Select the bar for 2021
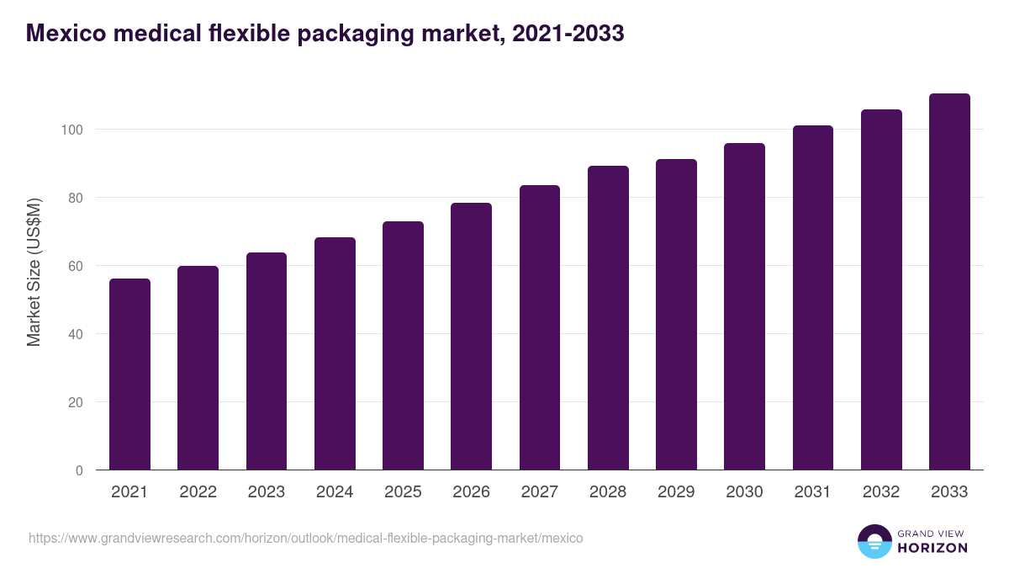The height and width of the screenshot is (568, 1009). pyautogui.click(x=129, y=374)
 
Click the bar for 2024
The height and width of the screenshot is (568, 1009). pyautogui.click(x=335, y=353)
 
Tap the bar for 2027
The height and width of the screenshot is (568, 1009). pyautogui.click(x=540, y=327)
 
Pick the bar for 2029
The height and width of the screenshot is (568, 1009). pyautogui.click(x=676, y=315)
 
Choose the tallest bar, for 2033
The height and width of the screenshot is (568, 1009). pyautogui.click(x=949, y=282)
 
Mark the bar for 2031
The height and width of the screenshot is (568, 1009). pyautogui.click(x=813, y=298)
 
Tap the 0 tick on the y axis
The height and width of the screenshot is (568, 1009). pyautogui.click(x=79, y=470)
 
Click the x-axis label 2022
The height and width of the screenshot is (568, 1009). pyautogui.click(x=198, y=492)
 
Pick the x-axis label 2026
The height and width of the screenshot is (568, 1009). pyautogui.click(x=471, y=492)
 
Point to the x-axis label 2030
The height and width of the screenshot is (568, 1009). pyautogui.click(x=744, y=492)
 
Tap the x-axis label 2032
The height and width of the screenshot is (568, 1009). pyautogui.click(x=881, y=492)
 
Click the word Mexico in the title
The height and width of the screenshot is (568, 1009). pyautogui.click(x=63, y=34)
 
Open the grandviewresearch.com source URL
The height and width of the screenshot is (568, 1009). pyautogui.click(x=305, y=538)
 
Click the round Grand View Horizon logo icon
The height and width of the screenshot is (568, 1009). pyautogui.click(x=874, y=542)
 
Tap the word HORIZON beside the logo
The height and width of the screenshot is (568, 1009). pyautogui.click(x=932, y=548)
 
